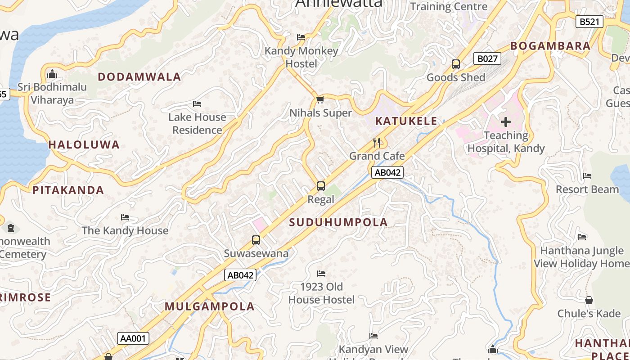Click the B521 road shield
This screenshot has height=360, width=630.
589,21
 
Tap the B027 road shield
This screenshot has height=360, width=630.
487,58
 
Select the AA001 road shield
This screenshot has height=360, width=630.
133,338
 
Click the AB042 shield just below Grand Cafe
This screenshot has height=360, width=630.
387,172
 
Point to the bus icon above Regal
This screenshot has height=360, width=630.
321,186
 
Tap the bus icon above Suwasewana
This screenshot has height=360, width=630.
256,240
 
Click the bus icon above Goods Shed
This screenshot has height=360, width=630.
456,64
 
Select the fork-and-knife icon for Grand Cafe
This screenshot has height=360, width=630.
377,143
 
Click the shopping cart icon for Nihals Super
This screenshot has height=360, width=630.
320,99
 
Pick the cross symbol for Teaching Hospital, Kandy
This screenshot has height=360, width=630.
506,122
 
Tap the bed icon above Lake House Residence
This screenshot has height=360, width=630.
197,104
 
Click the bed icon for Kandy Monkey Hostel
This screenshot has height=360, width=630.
301,37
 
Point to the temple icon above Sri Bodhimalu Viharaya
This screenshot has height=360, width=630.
52,73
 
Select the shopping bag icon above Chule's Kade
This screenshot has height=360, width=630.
589,300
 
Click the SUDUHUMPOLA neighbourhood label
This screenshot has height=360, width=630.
338,222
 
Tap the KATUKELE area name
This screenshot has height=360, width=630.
406,121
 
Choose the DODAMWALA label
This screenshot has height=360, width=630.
139,77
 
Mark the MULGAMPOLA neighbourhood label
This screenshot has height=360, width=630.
210,307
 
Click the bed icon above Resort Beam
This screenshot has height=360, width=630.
587,176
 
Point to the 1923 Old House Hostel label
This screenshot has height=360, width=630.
321,293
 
